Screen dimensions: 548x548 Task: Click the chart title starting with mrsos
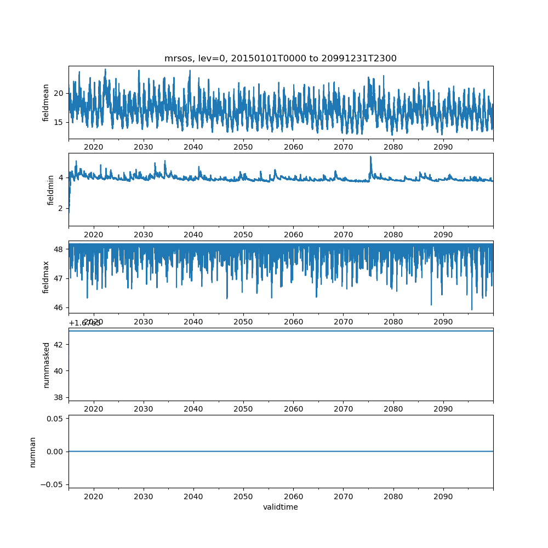pyautogui.click(x=280, y=58)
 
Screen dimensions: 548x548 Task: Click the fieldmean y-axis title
pyautogui.click(x=46, y=102)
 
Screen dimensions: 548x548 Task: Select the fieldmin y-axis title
pyautogui.click(x=51, y=190)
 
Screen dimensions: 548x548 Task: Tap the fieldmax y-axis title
pyautogui.click(x=46, y=277)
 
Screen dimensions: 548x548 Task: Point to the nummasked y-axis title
pyautogui.click(x=46, y=364)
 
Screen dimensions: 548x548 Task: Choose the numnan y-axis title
pyautogui.click(x=32, y=452)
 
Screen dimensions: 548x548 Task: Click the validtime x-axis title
pyautogui.click(x=280, y=507)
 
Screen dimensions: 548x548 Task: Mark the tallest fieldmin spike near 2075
pyautogui.click(x=370, y=157)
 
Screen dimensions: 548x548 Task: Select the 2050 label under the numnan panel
pyautogui.click(x=243, y=496)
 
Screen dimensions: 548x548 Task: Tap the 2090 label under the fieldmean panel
pyautogui.click(x=443, y=147)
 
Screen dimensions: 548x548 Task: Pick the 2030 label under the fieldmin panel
pyautogui.click(x=144, y=235)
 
